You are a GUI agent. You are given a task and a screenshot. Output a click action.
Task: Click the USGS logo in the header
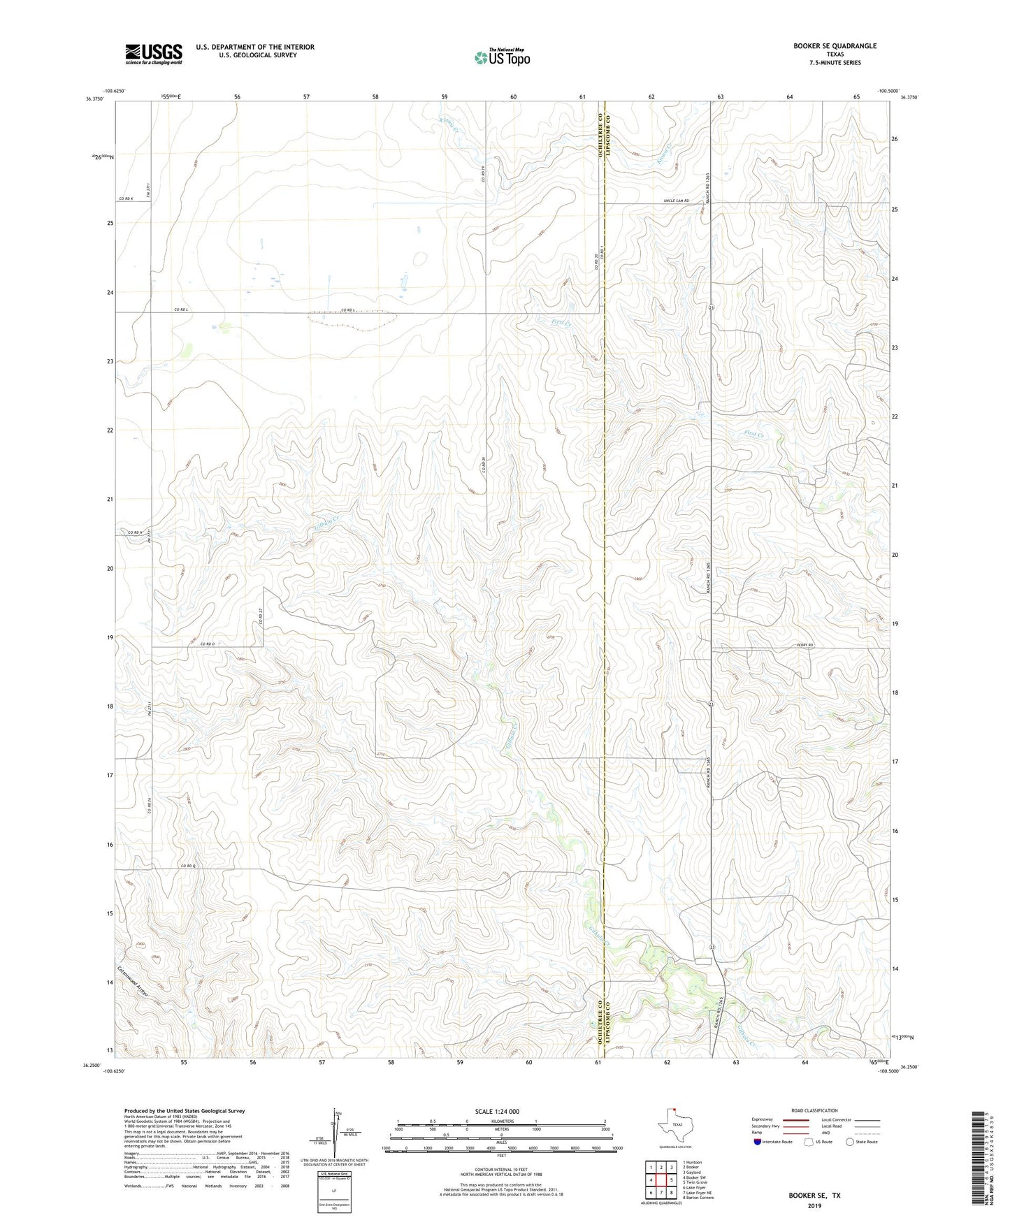tap(154, 54)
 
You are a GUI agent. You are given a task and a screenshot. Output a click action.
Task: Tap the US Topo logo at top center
tap(502, 57)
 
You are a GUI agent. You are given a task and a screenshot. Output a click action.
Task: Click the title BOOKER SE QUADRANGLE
tap(835, 46)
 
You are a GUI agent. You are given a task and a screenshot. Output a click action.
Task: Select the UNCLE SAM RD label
tap(676, 201)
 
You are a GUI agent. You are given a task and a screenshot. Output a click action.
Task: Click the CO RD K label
tap(126, 199)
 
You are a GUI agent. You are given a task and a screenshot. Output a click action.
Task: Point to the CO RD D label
tap(207, 644)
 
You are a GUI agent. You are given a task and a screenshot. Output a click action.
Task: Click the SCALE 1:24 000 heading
tap(501, 1112)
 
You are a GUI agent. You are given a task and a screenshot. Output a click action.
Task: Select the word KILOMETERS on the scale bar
tap(502, 1121)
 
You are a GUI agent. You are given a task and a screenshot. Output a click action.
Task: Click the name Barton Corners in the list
tap(698, 1198)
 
